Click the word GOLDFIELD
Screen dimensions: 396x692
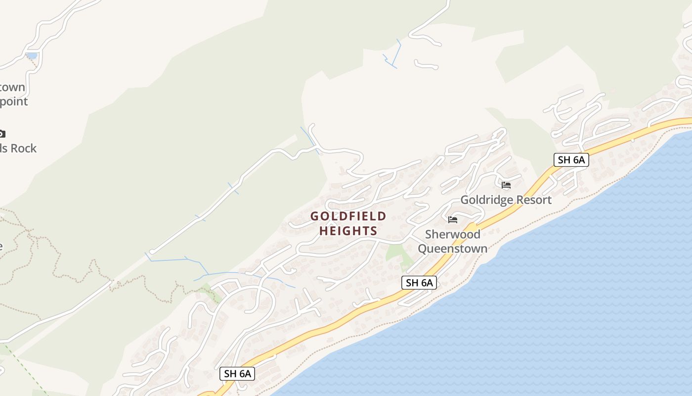tap(348, 216)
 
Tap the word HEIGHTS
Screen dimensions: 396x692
tap(348, 231)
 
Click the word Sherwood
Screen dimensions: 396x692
tap(453, 234)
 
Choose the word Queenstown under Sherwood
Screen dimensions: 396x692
tap(453, 248)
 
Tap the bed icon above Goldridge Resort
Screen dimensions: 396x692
tap(506, 186)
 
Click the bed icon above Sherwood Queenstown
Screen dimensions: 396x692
tap(453, 220)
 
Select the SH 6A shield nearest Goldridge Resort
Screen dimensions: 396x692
tap(571, 159)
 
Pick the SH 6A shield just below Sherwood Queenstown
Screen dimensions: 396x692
tap(419, 283)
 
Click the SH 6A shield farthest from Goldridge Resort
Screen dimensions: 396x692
tap(237, 373)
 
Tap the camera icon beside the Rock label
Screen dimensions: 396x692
tap(1, 134)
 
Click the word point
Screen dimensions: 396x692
tap(14, 101)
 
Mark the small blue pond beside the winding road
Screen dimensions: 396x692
tap(32, 56)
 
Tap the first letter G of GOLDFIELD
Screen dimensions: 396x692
tap(315, 216)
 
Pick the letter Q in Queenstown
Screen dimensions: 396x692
tap(423, 248)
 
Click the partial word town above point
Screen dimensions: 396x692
tap(12, 88)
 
